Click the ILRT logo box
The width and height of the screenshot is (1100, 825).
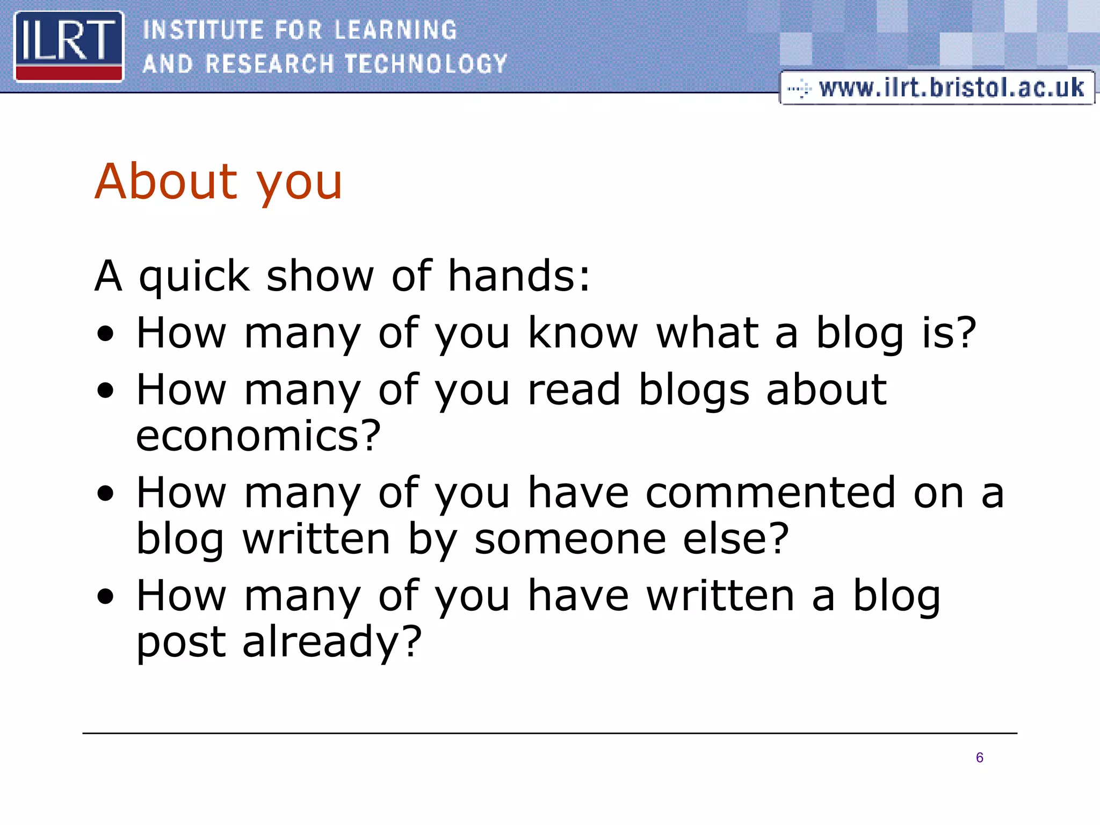click(x=69, y=46)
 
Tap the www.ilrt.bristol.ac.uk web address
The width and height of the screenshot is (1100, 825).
click(x=951, y=88)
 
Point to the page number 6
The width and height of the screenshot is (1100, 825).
click(x=979, y=757)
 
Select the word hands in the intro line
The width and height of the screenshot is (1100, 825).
click(x=518, y=276)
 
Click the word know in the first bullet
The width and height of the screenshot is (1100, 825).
click(x=583, y=333)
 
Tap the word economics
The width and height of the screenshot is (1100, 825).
click(x=258, y=436)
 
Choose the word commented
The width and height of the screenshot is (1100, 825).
click(x=770, y=493)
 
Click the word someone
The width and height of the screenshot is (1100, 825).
click(x=570, y=539)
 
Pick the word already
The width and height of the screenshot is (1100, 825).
click(x=332, y=642)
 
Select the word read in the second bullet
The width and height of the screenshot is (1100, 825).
click(x=574, y=389)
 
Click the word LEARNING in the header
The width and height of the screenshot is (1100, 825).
click(x=395, y=30)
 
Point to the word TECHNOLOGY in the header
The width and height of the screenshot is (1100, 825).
click(x=426, y=64)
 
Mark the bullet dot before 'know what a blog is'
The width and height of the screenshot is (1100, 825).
click(x=106, y=334)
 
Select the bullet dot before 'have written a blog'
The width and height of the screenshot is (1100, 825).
click(x=106, y=597)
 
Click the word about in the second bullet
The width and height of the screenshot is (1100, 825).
click(x=826, y=389)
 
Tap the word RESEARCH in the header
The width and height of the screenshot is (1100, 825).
click(x=270, y=64)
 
